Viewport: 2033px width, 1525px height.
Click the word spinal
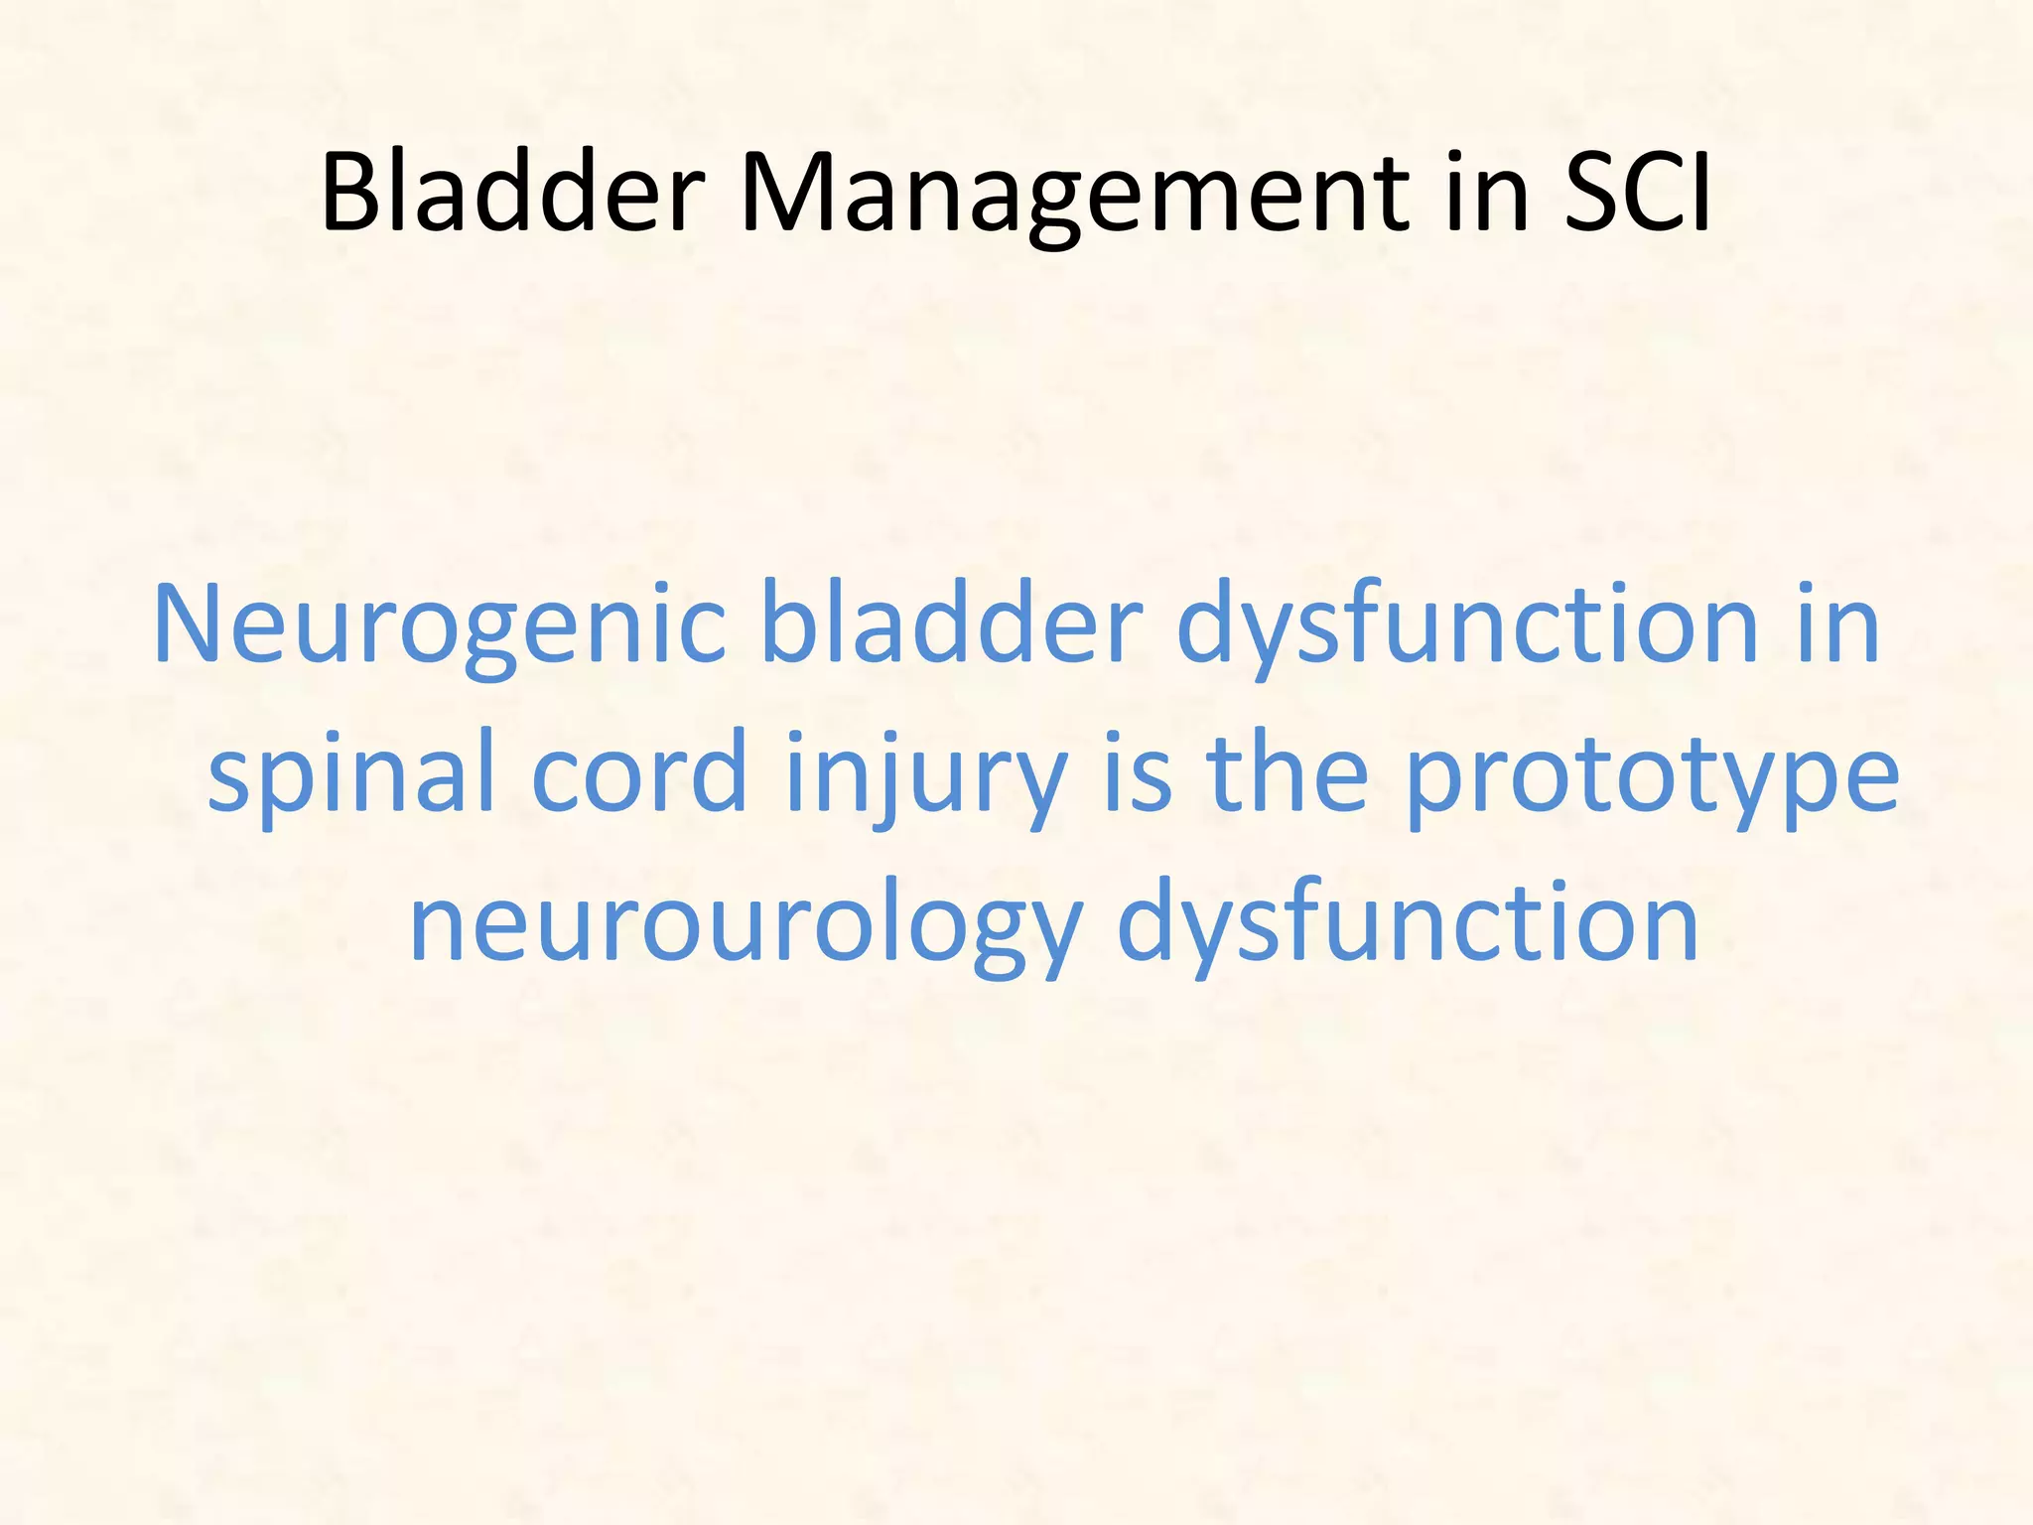tap(351, 774)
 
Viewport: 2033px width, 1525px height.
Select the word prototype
tap(1652, 774)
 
